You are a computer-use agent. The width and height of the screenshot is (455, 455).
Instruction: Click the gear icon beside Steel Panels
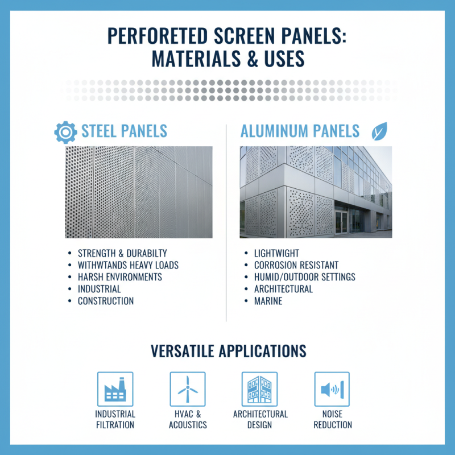[65, 131]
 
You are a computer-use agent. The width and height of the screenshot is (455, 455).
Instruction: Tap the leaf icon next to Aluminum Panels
[379, 131]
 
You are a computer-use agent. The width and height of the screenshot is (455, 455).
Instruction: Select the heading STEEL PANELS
[125, 131]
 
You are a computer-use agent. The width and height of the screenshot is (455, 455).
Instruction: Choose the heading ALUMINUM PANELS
[300, 131]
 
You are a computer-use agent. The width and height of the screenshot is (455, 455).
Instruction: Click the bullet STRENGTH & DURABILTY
[122, 253]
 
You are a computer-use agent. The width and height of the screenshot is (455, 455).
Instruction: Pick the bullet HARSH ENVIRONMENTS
[120, 277]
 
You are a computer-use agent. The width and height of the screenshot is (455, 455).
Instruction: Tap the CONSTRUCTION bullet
[106, 301]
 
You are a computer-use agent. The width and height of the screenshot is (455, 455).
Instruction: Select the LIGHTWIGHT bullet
[276, 253]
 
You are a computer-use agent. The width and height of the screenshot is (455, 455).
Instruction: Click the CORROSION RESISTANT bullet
[296, 265]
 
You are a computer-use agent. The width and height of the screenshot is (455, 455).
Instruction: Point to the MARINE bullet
[268, 301]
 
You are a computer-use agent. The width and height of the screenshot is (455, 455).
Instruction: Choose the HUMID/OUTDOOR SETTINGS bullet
[304, 277]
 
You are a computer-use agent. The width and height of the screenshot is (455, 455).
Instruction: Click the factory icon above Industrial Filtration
[115, 390]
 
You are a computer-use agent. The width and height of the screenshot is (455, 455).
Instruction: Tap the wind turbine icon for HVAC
[187, 390]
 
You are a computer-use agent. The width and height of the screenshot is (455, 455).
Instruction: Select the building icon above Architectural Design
[260, 390]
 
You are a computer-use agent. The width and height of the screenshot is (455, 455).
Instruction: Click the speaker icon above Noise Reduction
[332, 390]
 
